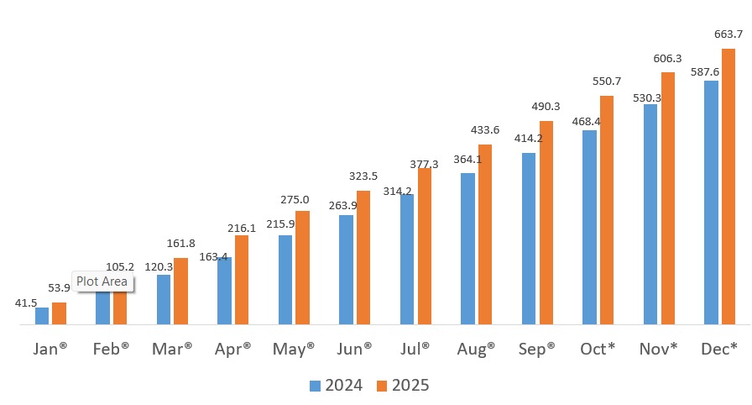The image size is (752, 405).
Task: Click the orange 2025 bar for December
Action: tap(728, 187)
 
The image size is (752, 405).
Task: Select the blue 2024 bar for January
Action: tap(42, 316)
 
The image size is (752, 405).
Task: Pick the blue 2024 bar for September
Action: tap(529, 239)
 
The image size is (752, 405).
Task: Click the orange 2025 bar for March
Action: tap(180, 291)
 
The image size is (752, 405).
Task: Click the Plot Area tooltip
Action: tap(103, 281)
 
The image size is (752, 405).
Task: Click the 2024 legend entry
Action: tap(337, 386)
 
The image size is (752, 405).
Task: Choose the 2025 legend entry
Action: tap(402, 386)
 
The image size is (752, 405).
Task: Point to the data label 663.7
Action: tap(728, 34)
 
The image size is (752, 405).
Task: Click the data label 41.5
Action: tap(26, 302)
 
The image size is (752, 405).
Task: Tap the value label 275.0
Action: tap(295, 199)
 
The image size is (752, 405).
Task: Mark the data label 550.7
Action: tap(607, 82)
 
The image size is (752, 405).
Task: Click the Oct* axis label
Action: tap(598, 348)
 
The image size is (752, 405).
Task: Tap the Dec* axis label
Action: tap(719, 348)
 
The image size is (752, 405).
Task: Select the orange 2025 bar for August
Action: tap(485, 234)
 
